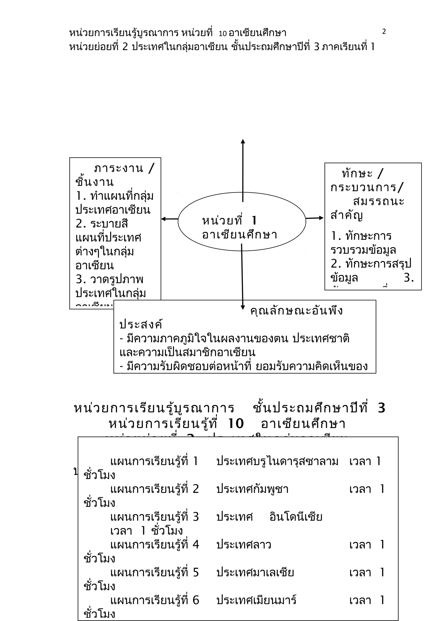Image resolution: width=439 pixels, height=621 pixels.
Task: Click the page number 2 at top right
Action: (384, 32)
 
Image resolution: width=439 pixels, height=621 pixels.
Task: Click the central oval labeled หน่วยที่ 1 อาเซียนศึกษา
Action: (242, 222)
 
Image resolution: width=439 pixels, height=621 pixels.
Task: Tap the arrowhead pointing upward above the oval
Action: (243, 141)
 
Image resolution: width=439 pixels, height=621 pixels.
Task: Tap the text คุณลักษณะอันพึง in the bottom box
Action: (296, 311)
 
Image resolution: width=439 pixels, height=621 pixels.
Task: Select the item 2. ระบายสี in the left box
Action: (102, 224)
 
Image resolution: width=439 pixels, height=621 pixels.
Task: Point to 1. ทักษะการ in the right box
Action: (361, 236)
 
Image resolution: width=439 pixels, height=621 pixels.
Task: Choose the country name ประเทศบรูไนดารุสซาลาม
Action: (277, 461)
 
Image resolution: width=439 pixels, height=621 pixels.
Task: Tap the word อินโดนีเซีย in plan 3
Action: (296, 517)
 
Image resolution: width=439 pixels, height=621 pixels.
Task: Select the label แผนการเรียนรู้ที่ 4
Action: (155, 544)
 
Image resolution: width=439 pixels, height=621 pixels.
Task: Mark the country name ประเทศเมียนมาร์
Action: (256, 600)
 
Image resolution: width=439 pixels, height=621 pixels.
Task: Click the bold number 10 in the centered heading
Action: (236, 424)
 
